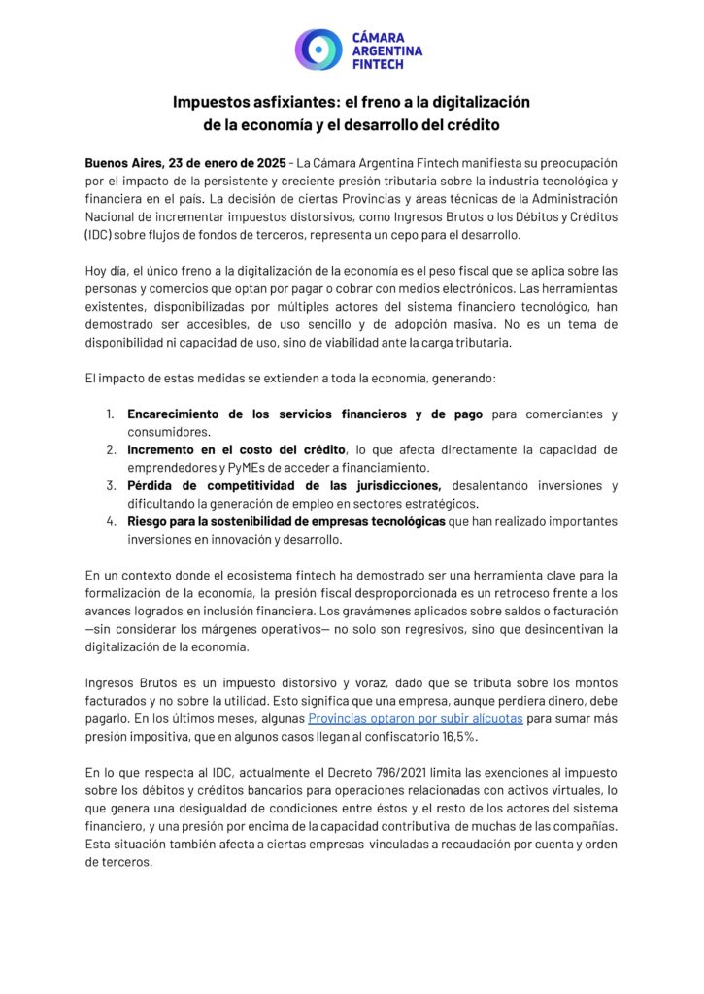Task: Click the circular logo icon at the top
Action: (x=318, y=49)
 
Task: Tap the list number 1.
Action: (x=111, y=414)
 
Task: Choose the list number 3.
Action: (x=111, y=485)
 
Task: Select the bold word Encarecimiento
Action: (x=182, y=414)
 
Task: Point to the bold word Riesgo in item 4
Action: (x=150, y=521)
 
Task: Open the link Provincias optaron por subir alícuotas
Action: (x=416, y=717)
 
